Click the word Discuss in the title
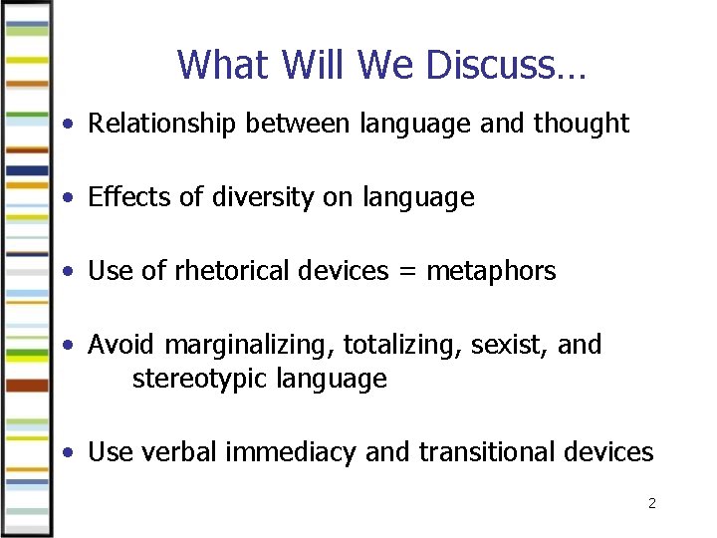coord(506,66)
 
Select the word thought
coord(582,124)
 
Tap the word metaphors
coord(491,271)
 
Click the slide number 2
coord(651,504)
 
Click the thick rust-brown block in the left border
coord(27,385)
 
